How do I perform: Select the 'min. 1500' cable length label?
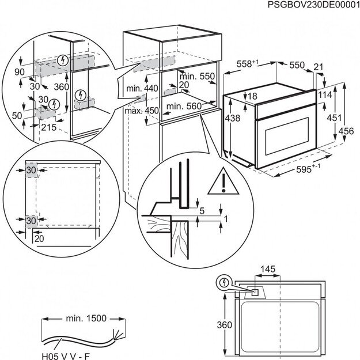coord(81,319)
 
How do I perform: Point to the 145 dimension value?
coord(267,269)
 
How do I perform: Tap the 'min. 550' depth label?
coord(196,76)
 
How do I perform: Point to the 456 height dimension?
coord(346,131)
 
